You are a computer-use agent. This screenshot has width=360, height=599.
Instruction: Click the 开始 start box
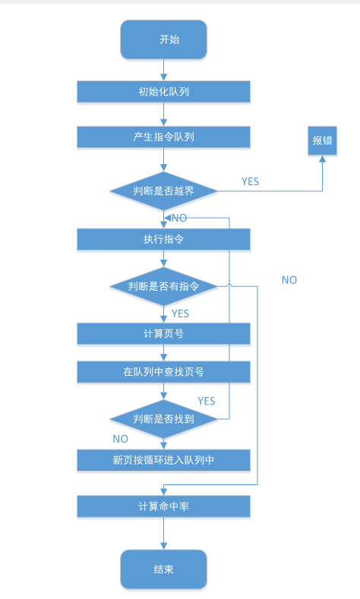click(x=163, y=39)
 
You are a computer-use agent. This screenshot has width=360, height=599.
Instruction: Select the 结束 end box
click(x=163, y=569)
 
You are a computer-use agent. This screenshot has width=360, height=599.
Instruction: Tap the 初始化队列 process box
click(x=163, y=92)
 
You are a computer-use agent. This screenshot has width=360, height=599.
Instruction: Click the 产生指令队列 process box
click(x=163, y=137)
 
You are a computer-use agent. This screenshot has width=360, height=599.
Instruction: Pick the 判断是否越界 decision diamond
click(x=163, y=191)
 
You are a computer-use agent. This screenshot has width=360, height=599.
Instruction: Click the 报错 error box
click(x=322, y=140)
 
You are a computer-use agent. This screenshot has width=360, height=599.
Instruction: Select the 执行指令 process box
click(x=163, y=239)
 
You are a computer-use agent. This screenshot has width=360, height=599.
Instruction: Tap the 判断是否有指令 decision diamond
click(x=163, y=286)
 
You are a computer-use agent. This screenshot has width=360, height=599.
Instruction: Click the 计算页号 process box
click(x=163, y=333)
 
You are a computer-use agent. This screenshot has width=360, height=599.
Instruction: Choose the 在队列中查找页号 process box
click(x=163, y=372)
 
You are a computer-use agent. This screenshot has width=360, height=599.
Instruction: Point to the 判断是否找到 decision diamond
click(x=163, y=418)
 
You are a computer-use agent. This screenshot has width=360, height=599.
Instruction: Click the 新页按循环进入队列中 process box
click(x=163, y=459)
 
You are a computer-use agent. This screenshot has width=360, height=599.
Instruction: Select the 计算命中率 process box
click(x=163, y=506)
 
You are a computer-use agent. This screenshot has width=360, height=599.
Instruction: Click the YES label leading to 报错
click(x=250, y=181)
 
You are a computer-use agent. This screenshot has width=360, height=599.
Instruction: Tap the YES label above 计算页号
click(x=180, y=313)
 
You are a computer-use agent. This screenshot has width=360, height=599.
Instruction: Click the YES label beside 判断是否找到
click(x=207, y=400)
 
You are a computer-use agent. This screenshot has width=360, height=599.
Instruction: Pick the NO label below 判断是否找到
click(x=120, y=439)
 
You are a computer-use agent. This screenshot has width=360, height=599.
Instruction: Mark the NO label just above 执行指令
click(x=179, y=218)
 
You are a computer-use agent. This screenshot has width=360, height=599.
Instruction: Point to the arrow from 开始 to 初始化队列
click(x=163, y=69)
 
